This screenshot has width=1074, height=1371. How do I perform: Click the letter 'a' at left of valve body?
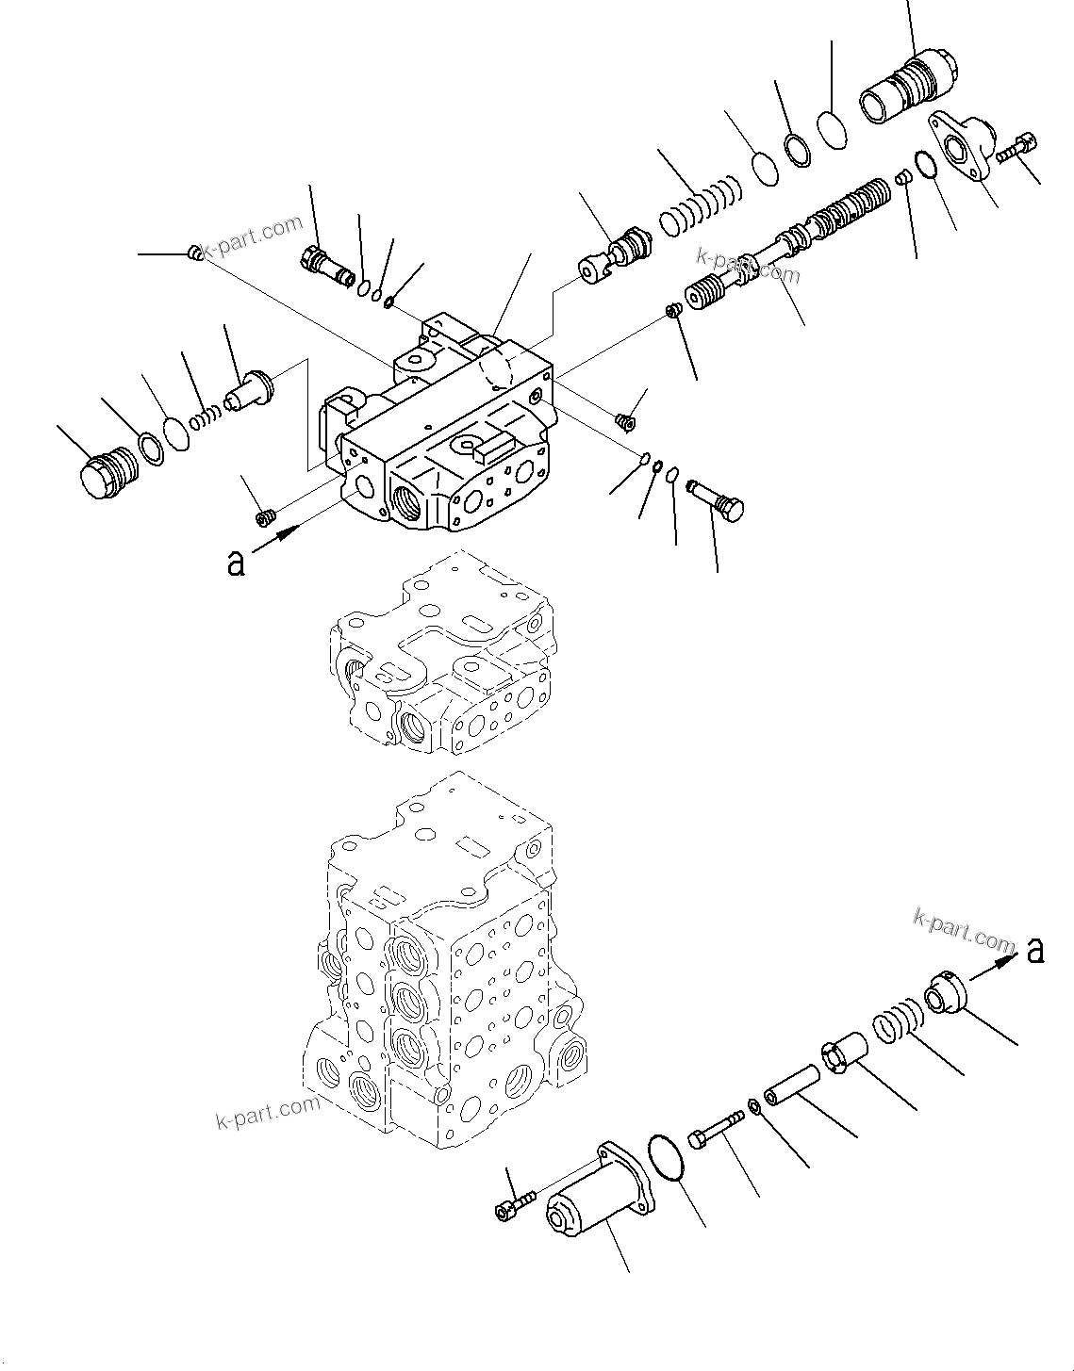(x=236, y=563)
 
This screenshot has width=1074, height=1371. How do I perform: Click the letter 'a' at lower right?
(x=1035, y=951)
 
